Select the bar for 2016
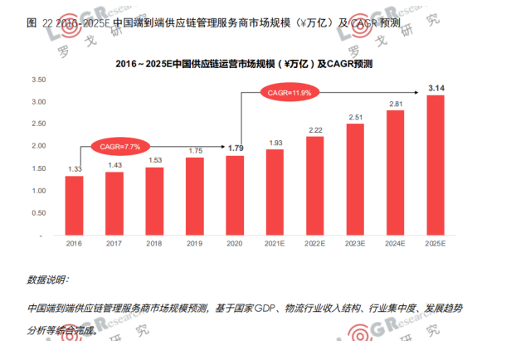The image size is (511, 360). (x=74, y=206)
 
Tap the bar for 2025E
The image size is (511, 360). (x=436, y=165)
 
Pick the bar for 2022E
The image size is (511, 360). (x=314, y=186)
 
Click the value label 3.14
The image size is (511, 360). (x=436, y=87)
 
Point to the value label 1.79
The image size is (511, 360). (x=234, y=148)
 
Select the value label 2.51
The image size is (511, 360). (x=355, y=117)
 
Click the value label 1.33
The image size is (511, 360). (x=74, y=168)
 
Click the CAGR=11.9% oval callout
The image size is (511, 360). (x=289, y=93)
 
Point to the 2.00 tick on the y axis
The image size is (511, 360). (x=38, y=146)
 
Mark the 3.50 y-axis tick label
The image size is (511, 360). (x=38, y=80)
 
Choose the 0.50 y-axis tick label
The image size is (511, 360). (x=38, y=213)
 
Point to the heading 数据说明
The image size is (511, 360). (x=49, y=280)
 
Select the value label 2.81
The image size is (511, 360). (x=395, y=104)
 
